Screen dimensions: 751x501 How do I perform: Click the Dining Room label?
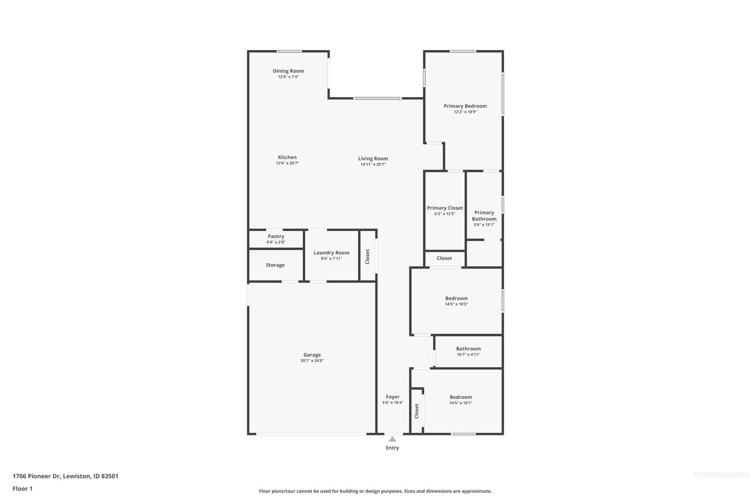pos(288,71)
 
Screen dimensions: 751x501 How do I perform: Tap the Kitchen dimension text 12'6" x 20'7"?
pos(287,163)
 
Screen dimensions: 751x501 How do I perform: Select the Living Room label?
pos(373,159)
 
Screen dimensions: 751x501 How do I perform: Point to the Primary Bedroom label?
pos(465,106)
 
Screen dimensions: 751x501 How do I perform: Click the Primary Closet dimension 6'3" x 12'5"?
pos(445,214)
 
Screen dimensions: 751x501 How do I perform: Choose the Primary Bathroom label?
pos(484,216)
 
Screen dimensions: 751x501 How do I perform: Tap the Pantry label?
pos(275,237)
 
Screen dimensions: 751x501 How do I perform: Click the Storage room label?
pos(275,265)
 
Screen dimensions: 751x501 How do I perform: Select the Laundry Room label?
pos(331,253)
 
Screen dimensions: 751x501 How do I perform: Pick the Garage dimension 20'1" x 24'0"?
pos(312,361)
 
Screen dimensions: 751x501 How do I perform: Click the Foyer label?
pos(393,397)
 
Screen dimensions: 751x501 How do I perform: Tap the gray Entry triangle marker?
pos(392,439)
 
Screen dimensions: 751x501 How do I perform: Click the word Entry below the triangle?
pos(392,448)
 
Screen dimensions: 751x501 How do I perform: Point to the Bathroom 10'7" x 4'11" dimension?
pos(468,354)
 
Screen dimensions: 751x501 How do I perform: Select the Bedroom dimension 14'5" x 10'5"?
pos(456,304)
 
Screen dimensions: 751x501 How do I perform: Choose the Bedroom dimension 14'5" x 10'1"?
pos(461,403)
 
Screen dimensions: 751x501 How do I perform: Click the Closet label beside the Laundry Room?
pos(368,257)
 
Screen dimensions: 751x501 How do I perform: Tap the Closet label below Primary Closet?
pos(444,258)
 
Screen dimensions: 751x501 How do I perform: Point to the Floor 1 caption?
pos(22,488)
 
